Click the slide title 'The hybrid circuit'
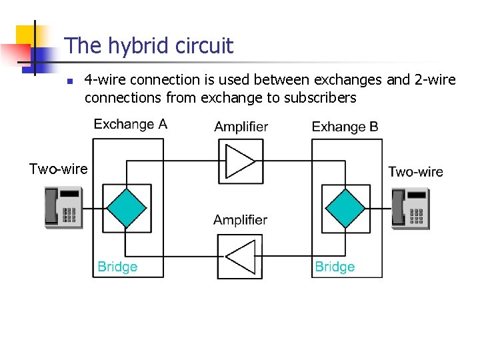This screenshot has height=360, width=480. pyautogui.click(x=149, y=46)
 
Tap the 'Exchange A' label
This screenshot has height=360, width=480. pyautogui.click(x=130, y=124)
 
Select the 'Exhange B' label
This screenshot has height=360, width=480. pyautogui.click(x=345, y=127)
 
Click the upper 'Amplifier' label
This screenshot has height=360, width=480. pyautogui.click(x=241, y=127)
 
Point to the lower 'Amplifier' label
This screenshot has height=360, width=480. pyautogui.click(x=240, y=220)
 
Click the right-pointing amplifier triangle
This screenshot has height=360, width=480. pyautogui.click(x=240, y=161)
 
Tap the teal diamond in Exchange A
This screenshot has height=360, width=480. pyautogui.click(x=127, y=208)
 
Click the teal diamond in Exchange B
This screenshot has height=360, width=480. pyautogui.click(x=345, y=208)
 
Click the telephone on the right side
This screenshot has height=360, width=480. pyautogui.click(x=411, y=209)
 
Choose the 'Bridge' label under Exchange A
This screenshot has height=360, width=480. pyautogui.click(x=117, y=267)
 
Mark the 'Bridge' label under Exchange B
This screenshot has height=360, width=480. pyautogui.click(x=335, y=267)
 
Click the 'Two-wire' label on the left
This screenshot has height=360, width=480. pyautogui.click(x=58, y=169)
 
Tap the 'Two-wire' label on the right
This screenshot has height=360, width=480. pyautogui.click(x=415, y=172)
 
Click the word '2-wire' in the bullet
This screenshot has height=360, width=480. pyautogui.click(x=435, y=80)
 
